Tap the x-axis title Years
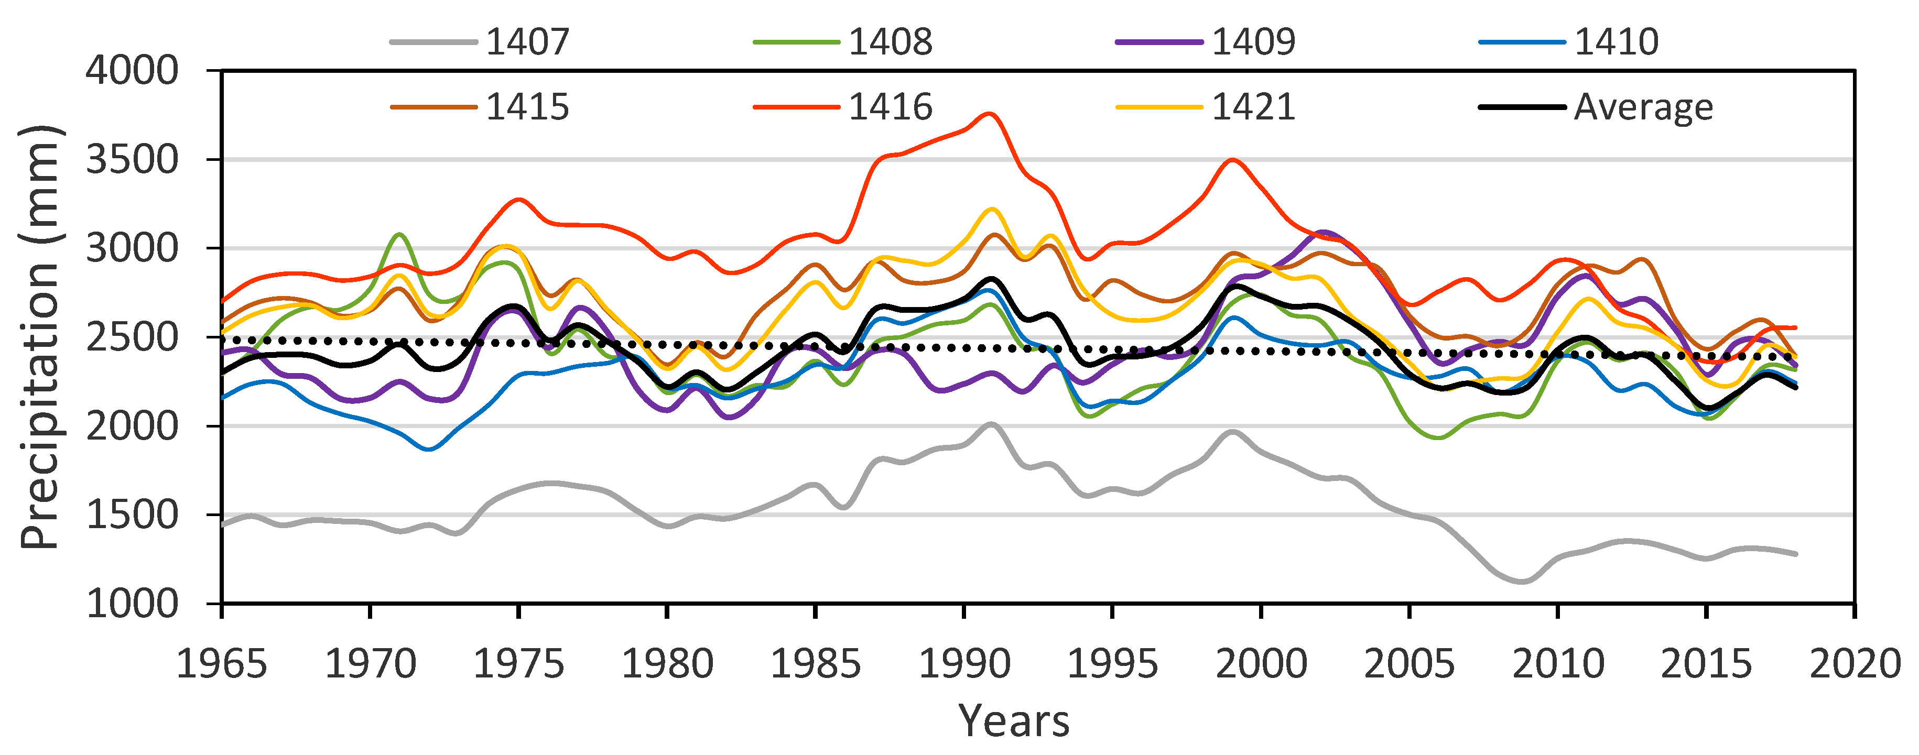coord(1014,721)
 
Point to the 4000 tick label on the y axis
coord(132,71)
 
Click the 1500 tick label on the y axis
coord(132,515)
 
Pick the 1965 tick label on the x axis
coord(221,663)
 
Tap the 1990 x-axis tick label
coord(964,663)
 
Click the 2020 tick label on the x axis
coord(1855,663)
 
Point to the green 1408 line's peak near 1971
coord(400,235)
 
